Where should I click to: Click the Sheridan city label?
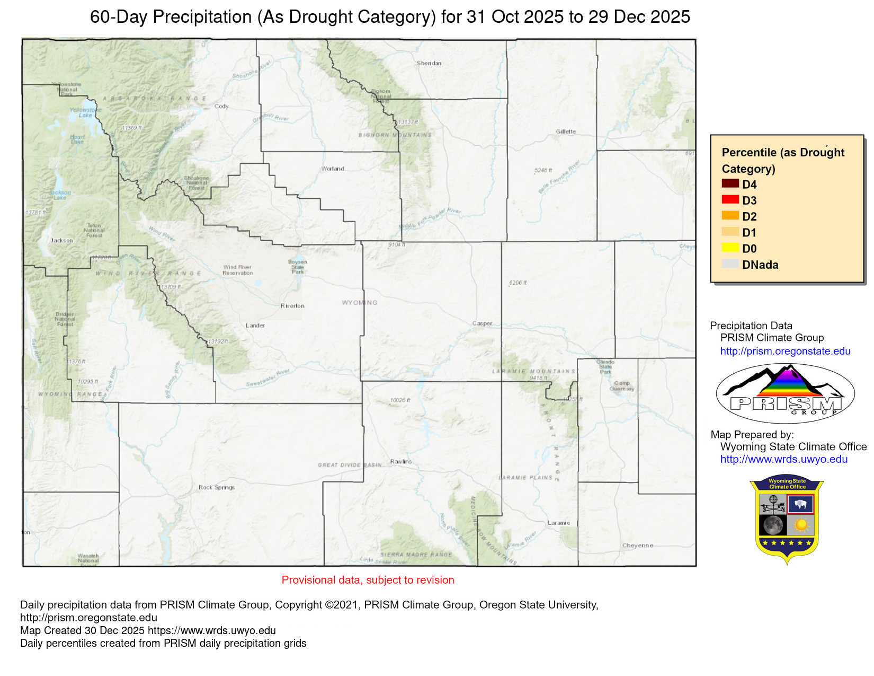coord(429,63)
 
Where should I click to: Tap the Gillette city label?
coord(566,131)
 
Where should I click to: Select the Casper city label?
coord(482,323)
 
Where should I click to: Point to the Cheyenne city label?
coord(637,546)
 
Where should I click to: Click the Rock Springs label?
coord(216,487)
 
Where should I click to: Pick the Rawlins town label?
coord(400,462)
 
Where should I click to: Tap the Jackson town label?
coord(61,241)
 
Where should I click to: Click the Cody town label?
coord(221,107)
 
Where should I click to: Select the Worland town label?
coord(333,169)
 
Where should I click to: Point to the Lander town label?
coord(255,326)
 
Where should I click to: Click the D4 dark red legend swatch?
coord(730,183)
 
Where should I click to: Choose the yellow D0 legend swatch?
coord(730,248)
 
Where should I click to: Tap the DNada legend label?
coord(760,265)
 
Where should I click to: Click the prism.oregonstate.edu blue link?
coord(785,351)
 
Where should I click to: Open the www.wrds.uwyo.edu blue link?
coord(783,459)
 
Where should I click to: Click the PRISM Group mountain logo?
coord(785,393)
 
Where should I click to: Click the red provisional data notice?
coord(368,580)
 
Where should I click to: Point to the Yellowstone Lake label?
coord(81,112)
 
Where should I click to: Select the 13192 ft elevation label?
coord(218,342)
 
